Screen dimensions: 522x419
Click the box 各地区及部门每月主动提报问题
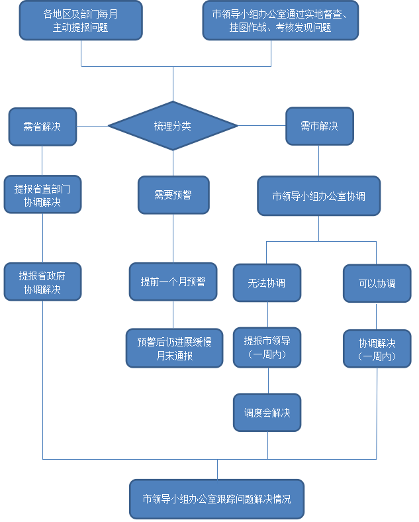80,21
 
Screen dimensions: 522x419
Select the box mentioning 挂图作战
281,21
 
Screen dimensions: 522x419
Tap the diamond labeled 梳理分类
173,126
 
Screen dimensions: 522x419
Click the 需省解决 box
42,126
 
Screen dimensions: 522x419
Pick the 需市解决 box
319,126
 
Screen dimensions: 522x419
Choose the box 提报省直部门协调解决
42,195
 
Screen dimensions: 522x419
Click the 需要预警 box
173,195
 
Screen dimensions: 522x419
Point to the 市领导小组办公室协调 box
318,196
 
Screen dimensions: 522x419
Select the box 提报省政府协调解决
42,282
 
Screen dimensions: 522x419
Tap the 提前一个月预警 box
173,282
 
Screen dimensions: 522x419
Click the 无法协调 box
267,284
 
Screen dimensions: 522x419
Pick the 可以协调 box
377,284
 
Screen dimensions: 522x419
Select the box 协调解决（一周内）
377,349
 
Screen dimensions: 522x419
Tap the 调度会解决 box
267,413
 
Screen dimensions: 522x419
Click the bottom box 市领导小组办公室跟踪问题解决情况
216,498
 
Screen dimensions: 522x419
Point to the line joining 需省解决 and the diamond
93,126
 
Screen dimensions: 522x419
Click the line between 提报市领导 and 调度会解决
267,380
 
